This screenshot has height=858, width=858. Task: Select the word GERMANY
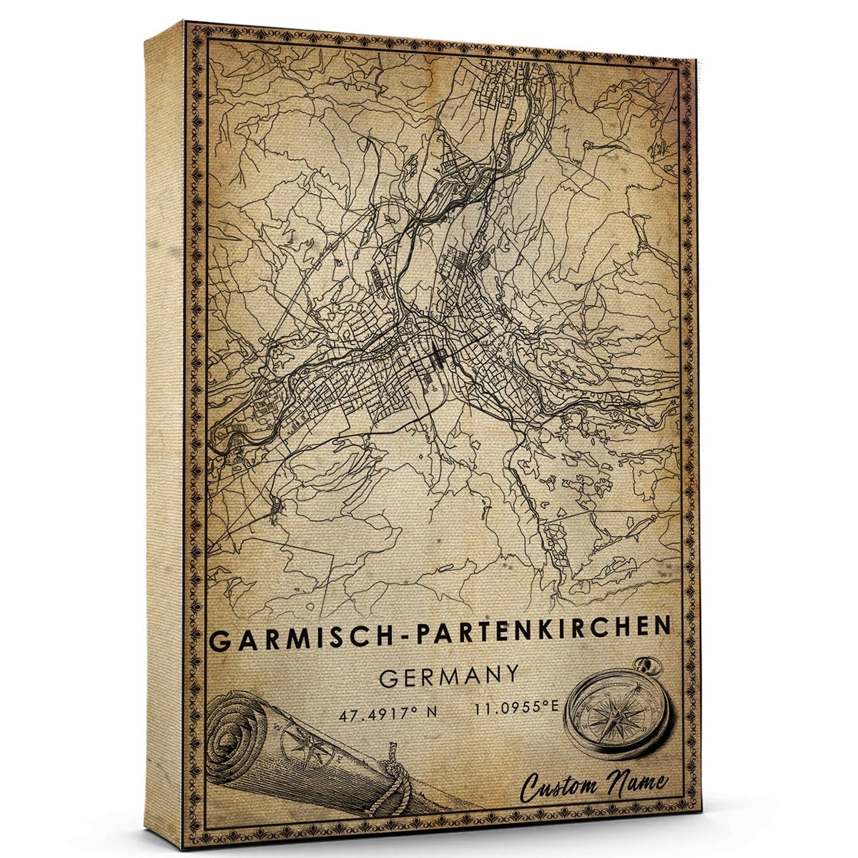(x=449, y=676)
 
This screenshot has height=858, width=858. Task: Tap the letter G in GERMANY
(x=388, y=678)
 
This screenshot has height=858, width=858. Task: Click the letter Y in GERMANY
(x=511, y=674)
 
